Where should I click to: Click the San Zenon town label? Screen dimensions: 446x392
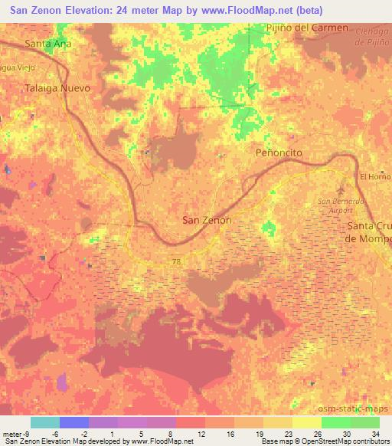tap(207, 220)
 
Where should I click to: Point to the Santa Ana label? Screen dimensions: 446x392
tap(49, 44)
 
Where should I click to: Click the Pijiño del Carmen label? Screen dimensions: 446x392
tap(306, 28)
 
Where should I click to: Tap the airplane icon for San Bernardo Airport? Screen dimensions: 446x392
tap(341, 189)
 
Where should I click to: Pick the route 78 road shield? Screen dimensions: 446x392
tap(176, 261)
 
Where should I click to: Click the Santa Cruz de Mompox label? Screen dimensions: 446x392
tap(370, 231)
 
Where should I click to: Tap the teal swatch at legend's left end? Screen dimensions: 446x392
tap(45, 422)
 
